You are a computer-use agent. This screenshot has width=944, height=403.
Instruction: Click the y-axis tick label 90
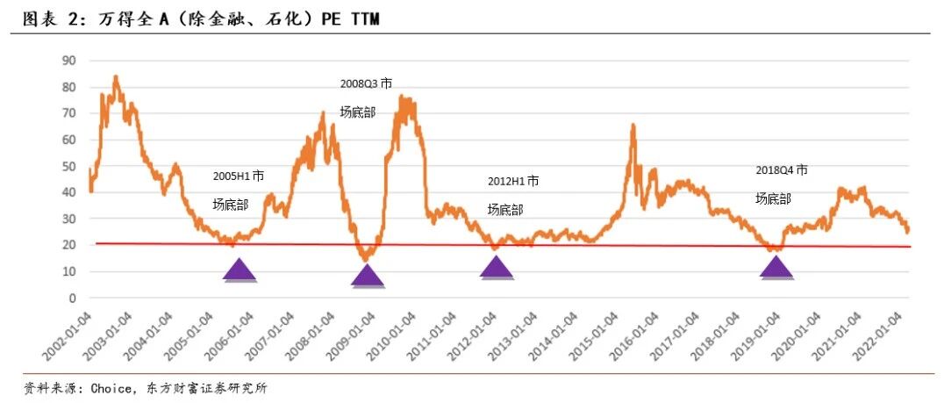click(68, 61)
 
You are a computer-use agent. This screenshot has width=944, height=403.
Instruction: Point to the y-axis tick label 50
click(68, 166)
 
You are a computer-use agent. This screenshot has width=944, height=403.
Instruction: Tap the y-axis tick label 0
click(72, 298)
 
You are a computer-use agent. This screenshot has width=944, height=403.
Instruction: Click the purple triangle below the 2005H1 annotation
click(240, 271)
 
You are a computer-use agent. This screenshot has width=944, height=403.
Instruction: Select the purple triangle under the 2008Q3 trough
click(368, 277)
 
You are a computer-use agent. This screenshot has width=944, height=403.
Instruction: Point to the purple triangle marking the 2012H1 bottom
click(497, 268)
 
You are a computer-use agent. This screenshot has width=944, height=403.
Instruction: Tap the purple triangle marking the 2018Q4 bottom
click(776, 268)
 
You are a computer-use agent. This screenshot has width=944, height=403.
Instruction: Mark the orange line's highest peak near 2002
click(116, 76)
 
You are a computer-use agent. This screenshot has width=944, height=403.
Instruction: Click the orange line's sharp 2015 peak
click(633, 125)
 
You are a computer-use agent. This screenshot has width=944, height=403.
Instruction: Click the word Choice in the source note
click(111, 389)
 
